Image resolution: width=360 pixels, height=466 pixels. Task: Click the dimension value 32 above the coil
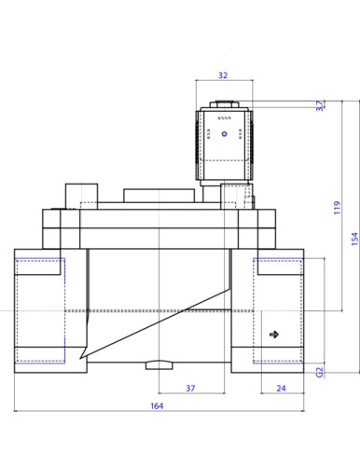[223, 75]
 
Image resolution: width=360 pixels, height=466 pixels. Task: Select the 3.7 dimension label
[320, 105]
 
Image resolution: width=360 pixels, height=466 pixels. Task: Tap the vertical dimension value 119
[337, 208]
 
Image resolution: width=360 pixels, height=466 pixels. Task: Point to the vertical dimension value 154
[354, 239]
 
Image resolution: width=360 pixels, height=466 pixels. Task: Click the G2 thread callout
[320, 372]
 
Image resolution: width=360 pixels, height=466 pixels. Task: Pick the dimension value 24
[281, 388]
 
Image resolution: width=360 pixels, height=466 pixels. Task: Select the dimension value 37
[190, 388]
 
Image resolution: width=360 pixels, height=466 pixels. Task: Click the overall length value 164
[157, 405]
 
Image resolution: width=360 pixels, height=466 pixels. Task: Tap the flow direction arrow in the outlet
[274, 335]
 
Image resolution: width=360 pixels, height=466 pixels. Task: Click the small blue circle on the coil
[225, 134]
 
